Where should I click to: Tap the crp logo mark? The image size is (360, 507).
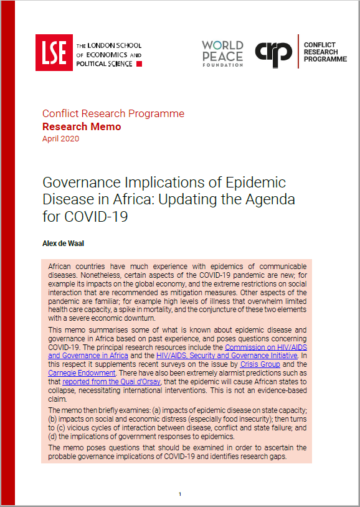pos(275,52)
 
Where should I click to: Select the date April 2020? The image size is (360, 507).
pos(60,139)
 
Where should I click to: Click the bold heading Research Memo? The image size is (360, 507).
pos(82,126)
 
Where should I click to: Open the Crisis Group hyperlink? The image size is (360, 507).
pos(264,364)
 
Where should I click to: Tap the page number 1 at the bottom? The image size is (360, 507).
pos(179,495)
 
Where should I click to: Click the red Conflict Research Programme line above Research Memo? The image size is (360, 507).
pos(113,114)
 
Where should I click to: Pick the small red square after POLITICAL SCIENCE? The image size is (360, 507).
pos(139,64)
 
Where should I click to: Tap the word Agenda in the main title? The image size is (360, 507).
pos(263,201)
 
